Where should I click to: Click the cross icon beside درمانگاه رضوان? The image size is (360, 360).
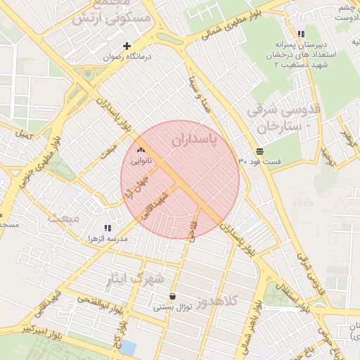tap(127, 46)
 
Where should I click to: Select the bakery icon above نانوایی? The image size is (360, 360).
tap(141, 150)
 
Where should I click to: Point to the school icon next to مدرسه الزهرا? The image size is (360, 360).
tap(108, 228)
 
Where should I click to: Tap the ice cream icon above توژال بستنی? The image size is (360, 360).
tap(173, 296)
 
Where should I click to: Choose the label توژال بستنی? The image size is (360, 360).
tap(173, 308)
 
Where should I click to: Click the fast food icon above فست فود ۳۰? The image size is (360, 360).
tap(260, 150)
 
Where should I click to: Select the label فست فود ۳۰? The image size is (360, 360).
tap(259, 162)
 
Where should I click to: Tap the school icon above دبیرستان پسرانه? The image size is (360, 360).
tap(301, 33)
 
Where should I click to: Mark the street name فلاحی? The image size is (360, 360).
tap(191, 229)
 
